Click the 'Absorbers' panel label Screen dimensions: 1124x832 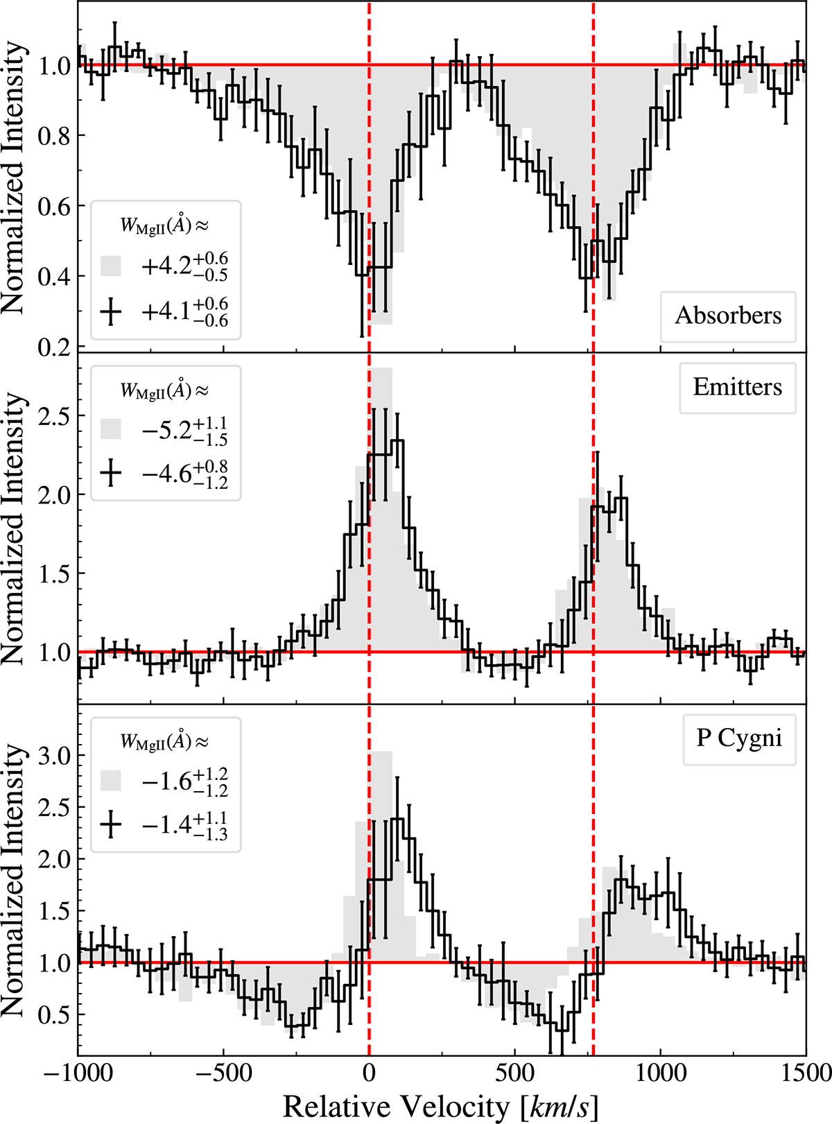[x=728, y=315]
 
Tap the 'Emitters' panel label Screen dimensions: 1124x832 [x=737, y=387]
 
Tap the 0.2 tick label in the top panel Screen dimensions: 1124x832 [x=54, y=347]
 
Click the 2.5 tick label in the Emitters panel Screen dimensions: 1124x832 [x=54, y=416]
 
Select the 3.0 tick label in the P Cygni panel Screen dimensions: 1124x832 [x=54, y=755]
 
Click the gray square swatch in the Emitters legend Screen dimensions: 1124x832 [x=111, y=429]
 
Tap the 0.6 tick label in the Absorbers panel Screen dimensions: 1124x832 [x=54, y=207]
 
